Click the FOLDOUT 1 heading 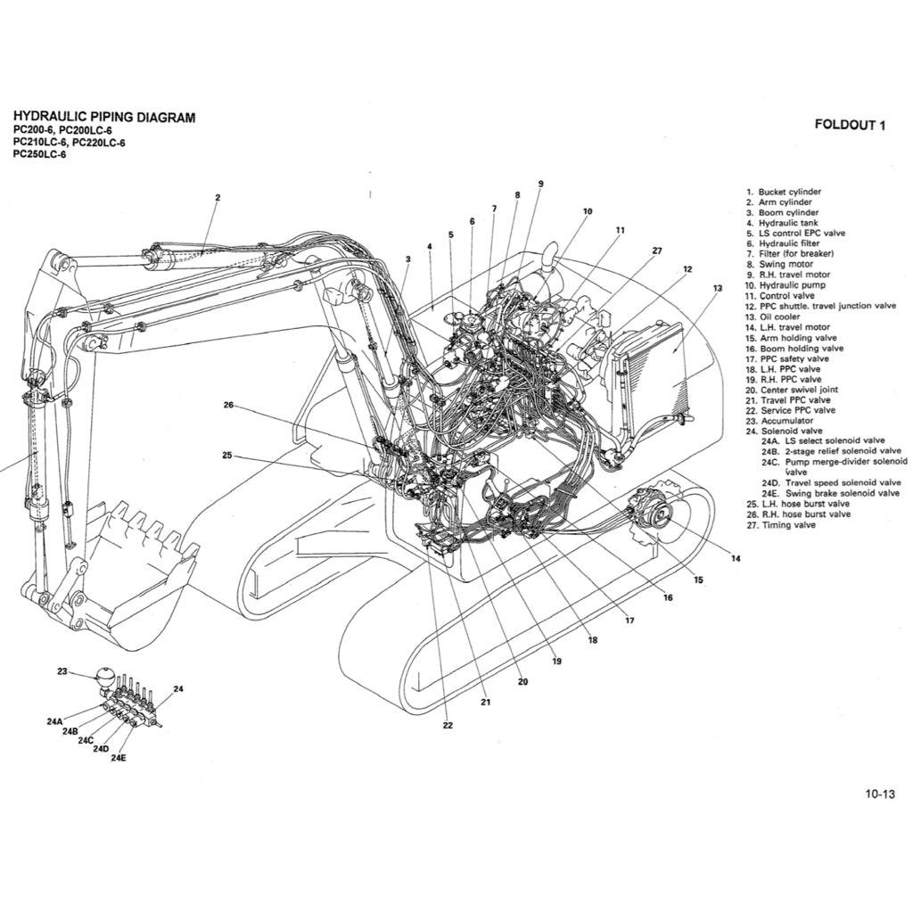pos(850,125)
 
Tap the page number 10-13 pos(878,794)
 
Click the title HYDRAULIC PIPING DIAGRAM pos(104,118)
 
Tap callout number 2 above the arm pos(218,198)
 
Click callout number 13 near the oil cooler pos(717,288)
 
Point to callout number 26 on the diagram pos(228,405)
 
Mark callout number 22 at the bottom pos(448,725)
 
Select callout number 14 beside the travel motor pos(736,559)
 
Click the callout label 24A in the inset pos(54,721)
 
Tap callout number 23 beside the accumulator pos(62,672)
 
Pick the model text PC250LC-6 pos(39,153)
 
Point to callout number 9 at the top pos(540,184)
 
